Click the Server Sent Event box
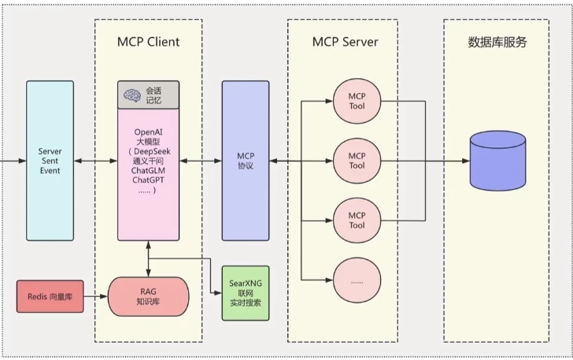coord(50,161)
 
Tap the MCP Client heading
coord(148,41)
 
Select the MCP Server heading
coord(342,41)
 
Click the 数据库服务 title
coord(497,42)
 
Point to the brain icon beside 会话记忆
coord(131,95)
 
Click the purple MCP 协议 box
coord(246,161)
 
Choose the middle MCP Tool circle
coord(357,161)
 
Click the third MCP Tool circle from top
coord(357,220)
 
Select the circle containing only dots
coord(357,280)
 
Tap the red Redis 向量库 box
coord(50,296)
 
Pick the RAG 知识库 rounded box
coord(148,296)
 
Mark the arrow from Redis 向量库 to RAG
coord(95,296)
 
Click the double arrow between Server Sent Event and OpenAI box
coord(95,161)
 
